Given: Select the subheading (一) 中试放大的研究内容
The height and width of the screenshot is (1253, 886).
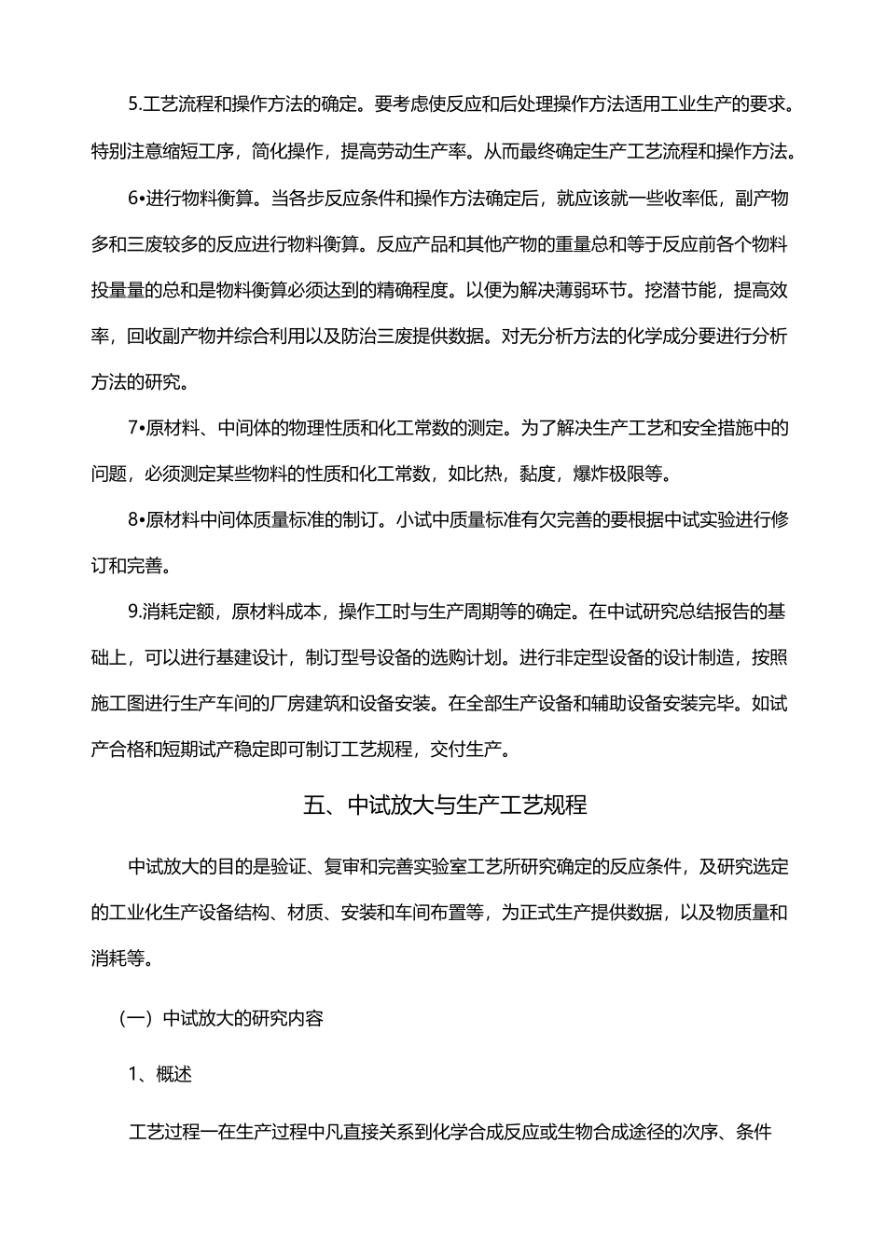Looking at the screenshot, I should [x=221, y=1018].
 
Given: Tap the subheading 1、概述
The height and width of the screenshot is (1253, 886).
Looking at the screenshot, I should [x=159, y=1075].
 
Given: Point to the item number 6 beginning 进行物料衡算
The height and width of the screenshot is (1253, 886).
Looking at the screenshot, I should [x=132, y=199].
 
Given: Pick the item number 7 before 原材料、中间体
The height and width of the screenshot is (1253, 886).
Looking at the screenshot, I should [x=132, y=429].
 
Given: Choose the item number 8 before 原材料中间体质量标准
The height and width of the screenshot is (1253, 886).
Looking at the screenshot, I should [x=132, y=519].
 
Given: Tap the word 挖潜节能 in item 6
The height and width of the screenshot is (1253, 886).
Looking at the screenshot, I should [x=679, y=290].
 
